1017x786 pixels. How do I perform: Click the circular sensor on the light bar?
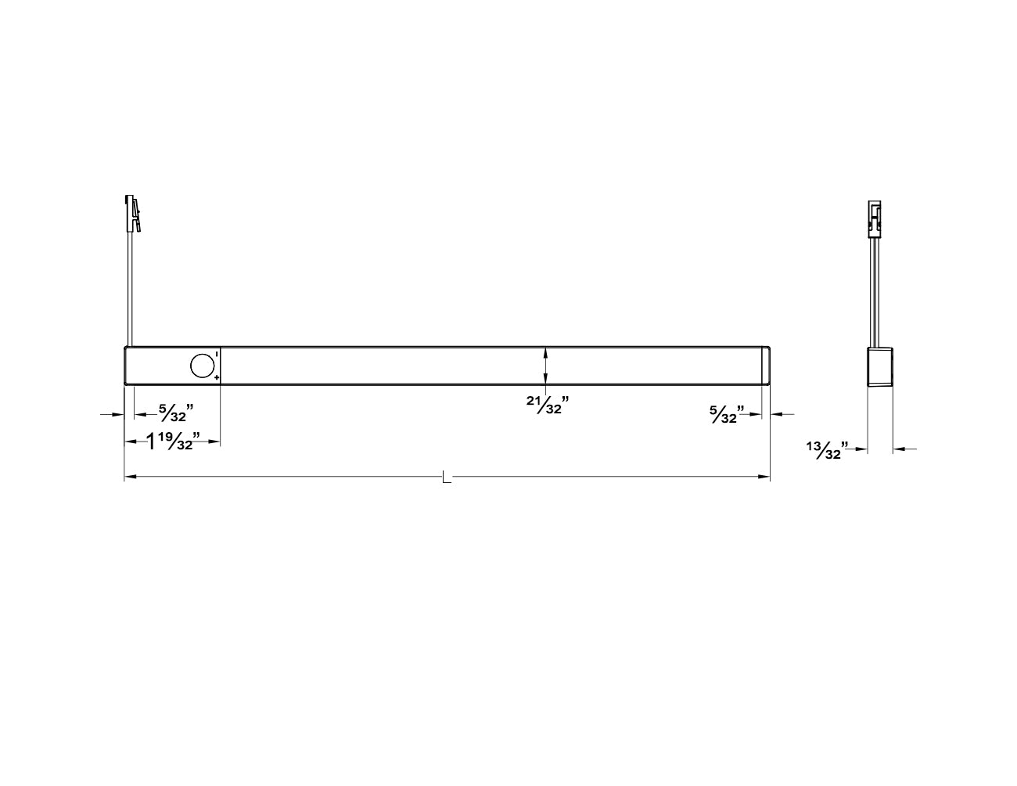[202, 366]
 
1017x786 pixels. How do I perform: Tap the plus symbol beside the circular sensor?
[216, 377]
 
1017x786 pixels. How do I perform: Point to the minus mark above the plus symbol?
[216, 355]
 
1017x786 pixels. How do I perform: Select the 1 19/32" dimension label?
[173, 441]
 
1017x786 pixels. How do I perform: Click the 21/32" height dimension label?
[548, 405]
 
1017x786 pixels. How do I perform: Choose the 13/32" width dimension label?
[827, 450]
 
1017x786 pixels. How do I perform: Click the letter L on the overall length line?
[447, 478]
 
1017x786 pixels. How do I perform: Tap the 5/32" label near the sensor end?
[176, 413]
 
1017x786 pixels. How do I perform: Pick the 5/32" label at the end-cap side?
[727, 414]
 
